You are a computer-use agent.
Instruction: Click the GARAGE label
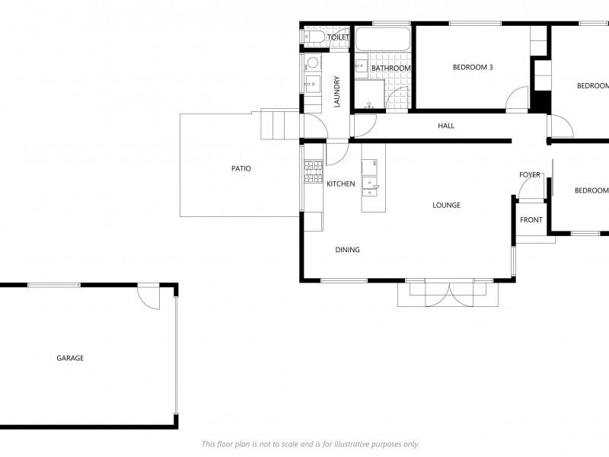tap(70, 358)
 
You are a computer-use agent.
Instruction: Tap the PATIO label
tap(241, 168)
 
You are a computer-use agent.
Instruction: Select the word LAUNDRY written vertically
tap(336, 91)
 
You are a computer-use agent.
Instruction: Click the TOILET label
tap(338, 37)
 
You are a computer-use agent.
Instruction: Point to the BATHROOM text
tap(391, 69)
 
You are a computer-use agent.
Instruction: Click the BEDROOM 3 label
tap(473, 67)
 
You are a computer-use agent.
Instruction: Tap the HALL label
tap(446, 126)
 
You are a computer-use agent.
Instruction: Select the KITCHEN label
tap(340, 184)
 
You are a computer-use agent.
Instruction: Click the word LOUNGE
tap(446, 205)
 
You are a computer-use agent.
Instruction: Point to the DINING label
tap(347, 250)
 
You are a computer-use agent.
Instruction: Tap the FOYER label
tap(530, 175)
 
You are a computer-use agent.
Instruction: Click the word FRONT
tap(531, 220)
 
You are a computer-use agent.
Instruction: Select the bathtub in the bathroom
tap(383, 40)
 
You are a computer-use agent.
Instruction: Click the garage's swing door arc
tap(149, 299)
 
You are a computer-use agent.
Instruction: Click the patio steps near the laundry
tap(277, 124)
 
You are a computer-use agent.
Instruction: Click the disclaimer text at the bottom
tap(310, 444)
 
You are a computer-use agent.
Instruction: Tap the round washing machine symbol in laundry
tap(312, 64)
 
